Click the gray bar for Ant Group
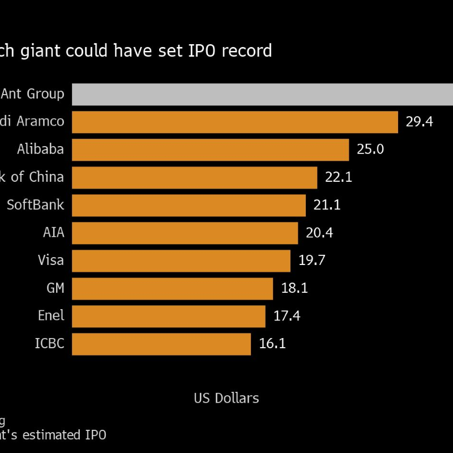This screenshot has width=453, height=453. (x=262, y=94)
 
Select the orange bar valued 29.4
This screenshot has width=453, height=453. (x=235, y=122)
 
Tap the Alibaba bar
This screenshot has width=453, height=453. (x=210, y=149)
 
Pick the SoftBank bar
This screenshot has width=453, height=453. (x=189, y=205)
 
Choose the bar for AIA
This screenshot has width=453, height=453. (x=185, y=233)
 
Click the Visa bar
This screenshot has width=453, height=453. (x=181, y=260)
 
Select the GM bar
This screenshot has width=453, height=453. (x=173, y=288)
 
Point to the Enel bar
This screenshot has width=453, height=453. (x=169, y=316)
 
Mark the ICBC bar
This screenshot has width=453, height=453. (x=161, y=344)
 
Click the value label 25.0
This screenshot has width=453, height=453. (x=370, y=149)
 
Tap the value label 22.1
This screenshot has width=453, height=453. (x=339, y=177)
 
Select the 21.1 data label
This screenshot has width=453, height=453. (x=327, y=205)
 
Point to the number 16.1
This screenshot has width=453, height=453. (x=272, y=344)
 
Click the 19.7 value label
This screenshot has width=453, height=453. (x=311, y=260)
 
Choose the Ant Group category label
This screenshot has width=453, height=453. (x=33, y=94)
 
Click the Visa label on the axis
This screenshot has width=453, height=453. (x=50, y=260)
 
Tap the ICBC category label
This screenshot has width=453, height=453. (x=49, y=344)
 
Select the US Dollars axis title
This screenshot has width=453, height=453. (x=226, y=398)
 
